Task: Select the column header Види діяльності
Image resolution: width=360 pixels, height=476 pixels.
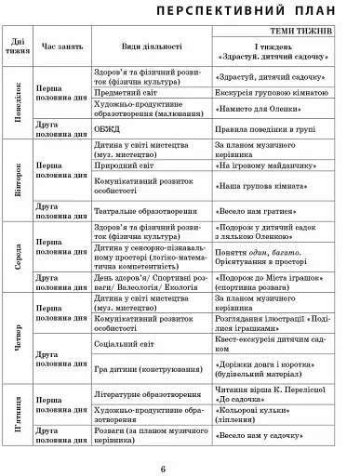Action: pos(152,45)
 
